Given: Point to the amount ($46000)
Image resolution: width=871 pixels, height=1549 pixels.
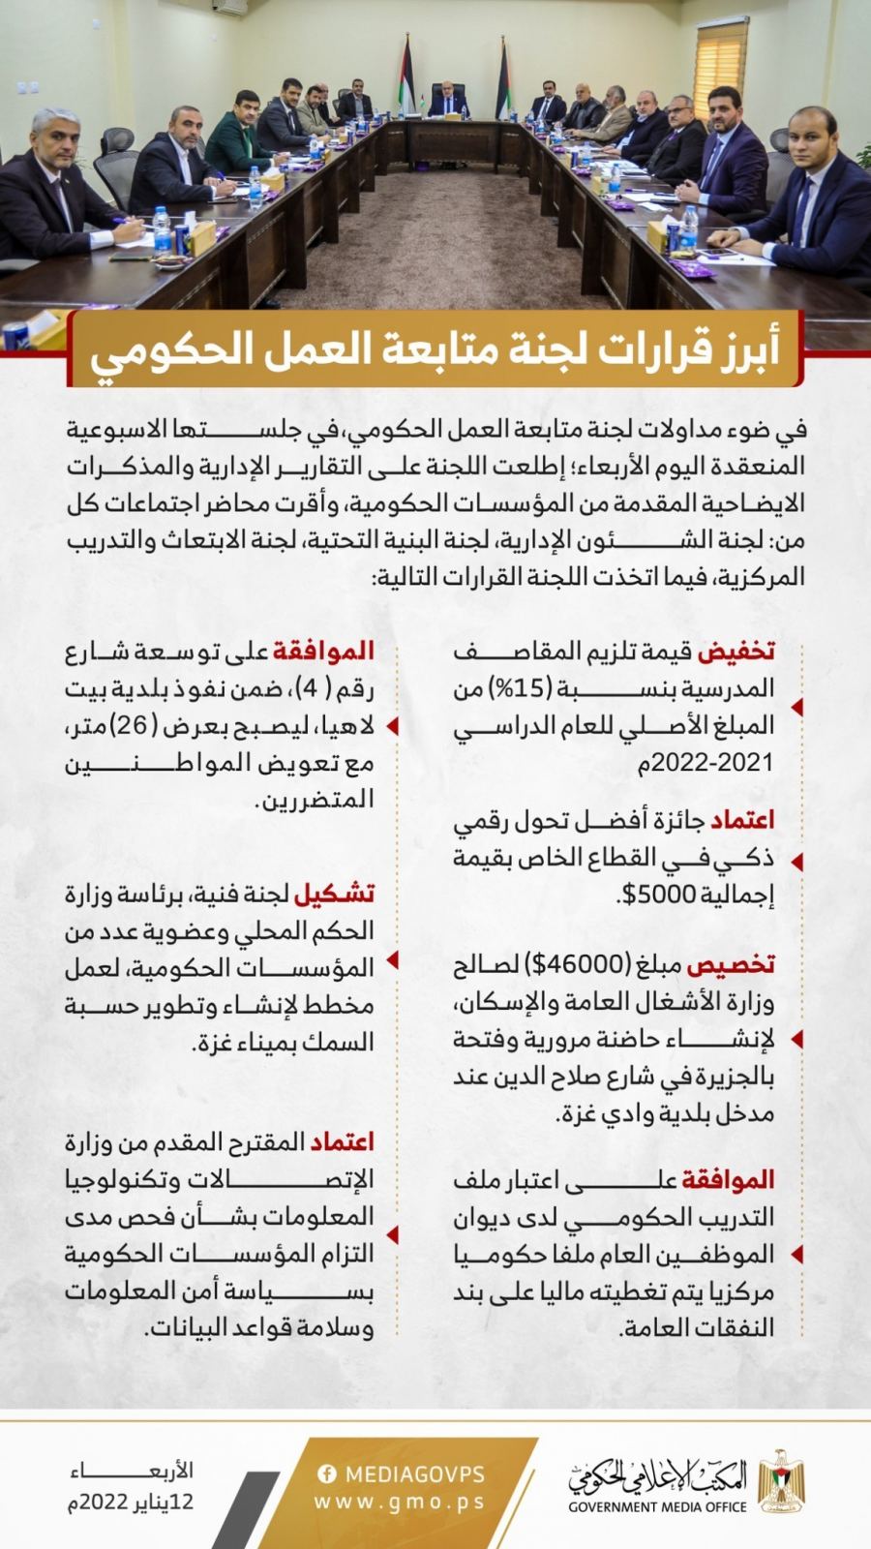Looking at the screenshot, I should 576,965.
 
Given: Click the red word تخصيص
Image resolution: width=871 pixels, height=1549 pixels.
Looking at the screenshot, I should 741,965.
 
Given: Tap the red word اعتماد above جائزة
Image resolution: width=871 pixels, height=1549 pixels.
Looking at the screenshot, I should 746,821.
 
